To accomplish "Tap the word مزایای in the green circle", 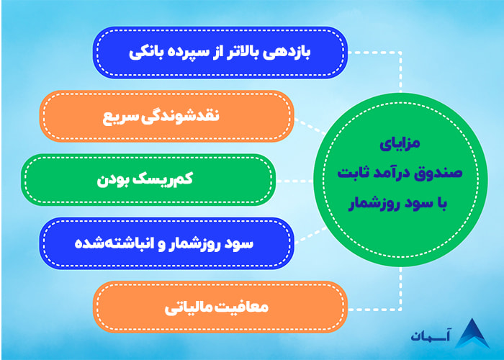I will [x=397, y=144].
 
